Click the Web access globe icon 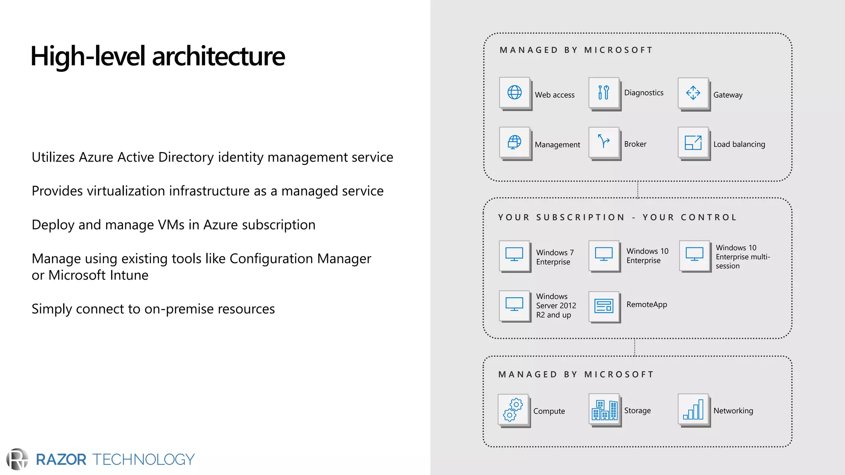514,92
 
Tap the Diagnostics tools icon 604,92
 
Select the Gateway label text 728,95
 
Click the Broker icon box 604,142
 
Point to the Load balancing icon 693,143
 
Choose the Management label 557,145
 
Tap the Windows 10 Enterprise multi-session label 742,257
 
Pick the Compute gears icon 513,409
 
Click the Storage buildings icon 604,409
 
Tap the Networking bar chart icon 693,409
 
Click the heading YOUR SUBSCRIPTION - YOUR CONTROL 617,217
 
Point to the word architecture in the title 218,56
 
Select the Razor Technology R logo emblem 17,459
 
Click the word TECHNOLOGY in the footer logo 143,459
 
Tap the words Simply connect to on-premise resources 153,309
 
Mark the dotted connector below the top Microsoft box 638,190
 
